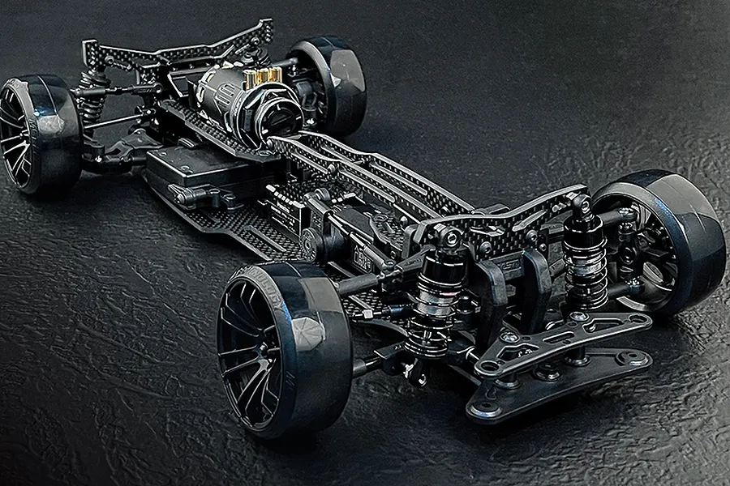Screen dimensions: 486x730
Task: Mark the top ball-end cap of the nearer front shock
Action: coord(450,235)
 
